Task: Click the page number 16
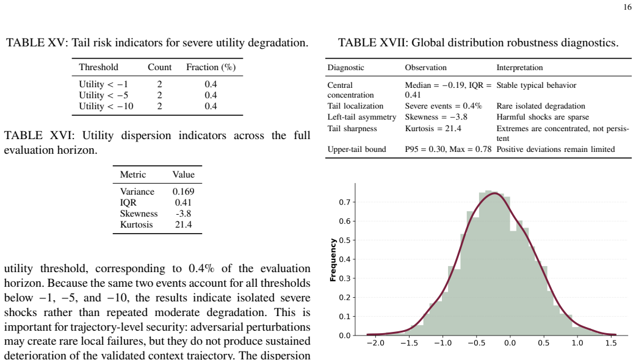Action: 627,7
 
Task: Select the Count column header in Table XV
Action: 159,67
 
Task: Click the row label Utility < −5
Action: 103,95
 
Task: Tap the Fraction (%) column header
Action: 211,67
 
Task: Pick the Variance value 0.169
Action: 183,192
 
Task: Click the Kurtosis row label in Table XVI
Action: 136,225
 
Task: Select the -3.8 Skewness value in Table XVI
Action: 183,214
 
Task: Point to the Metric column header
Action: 133,175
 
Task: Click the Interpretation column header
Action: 519,68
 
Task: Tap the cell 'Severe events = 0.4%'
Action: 443,106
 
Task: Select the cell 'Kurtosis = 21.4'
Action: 433,129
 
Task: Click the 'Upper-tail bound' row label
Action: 356,149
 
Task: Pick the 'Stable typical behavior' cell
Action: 537,85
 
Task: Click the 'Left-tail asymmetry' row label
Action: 362,117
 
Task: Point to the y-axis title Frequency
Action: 333,260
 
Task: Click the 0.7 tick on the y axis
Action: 345,203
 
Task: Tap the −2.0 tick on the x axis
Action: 375,343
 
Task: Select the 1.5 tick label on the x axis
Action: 611,343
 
